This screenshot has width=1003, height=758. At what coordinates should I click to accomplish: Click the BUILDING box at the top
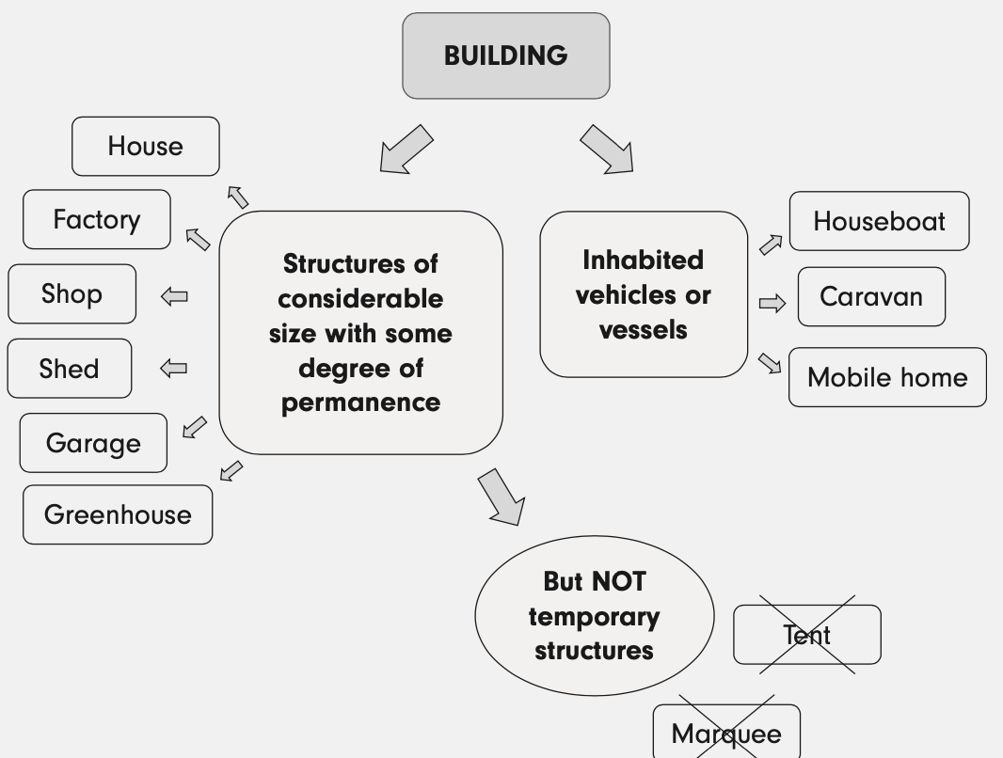click(x=506, y=55)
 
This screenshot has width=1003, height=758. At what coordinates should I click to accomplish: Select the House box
click(x=146, y=146)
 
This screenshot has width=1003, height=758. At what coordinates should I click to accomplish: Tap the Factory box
click(x=97, y=219)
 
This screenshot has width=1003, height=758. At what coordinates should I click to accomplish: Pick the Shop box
click(x=72, y=293)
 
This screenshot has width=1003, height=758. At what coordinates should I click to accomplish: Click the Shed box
click(x=70, y=369)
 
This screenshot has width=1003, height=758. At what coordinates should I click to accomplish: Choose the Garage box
click(x=93, y=443)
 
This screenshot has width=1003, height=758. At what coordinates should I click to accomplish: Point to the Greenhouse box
click(x=118, y=514)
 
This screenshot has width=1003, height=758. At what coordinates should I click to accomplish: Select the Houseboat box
click(x=879, y=221)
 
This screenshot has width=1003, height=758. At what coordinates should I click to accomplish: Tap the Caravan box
click(x=871, y=296)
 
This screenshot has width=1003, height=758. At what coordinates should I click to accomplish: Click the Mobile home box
click(x=887, y=377)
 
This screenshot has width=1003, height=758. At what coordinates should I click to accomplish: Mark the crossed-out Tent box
click(x=807, y=635)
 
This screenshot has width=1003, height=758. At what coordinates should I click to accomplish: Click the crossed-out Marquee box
click(x=726, y=733)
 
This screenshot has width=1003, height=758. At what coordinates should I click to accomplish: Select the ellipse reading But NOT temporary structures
click(x=594, y=616)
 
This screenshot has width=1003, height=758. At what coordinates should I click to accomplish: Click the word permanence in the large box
click(x=360, y=403)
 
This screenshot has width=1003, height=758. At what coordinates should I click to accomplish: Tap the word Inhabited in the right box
click(x=643, y=260)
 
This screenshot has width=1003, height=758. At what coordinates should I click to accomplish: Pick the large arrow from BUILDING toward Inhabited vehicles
click(x=608, y=150)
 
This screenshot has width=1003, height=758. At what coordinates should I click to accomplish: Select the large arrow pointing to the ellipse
click(x=501, y=497)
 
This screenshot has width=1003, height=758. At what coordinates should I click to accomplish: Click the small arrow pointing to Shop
click(x=174, y=296)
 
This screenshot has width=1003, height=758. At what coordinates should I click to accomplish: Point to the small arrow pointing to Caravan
click(x=772, y=304)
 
